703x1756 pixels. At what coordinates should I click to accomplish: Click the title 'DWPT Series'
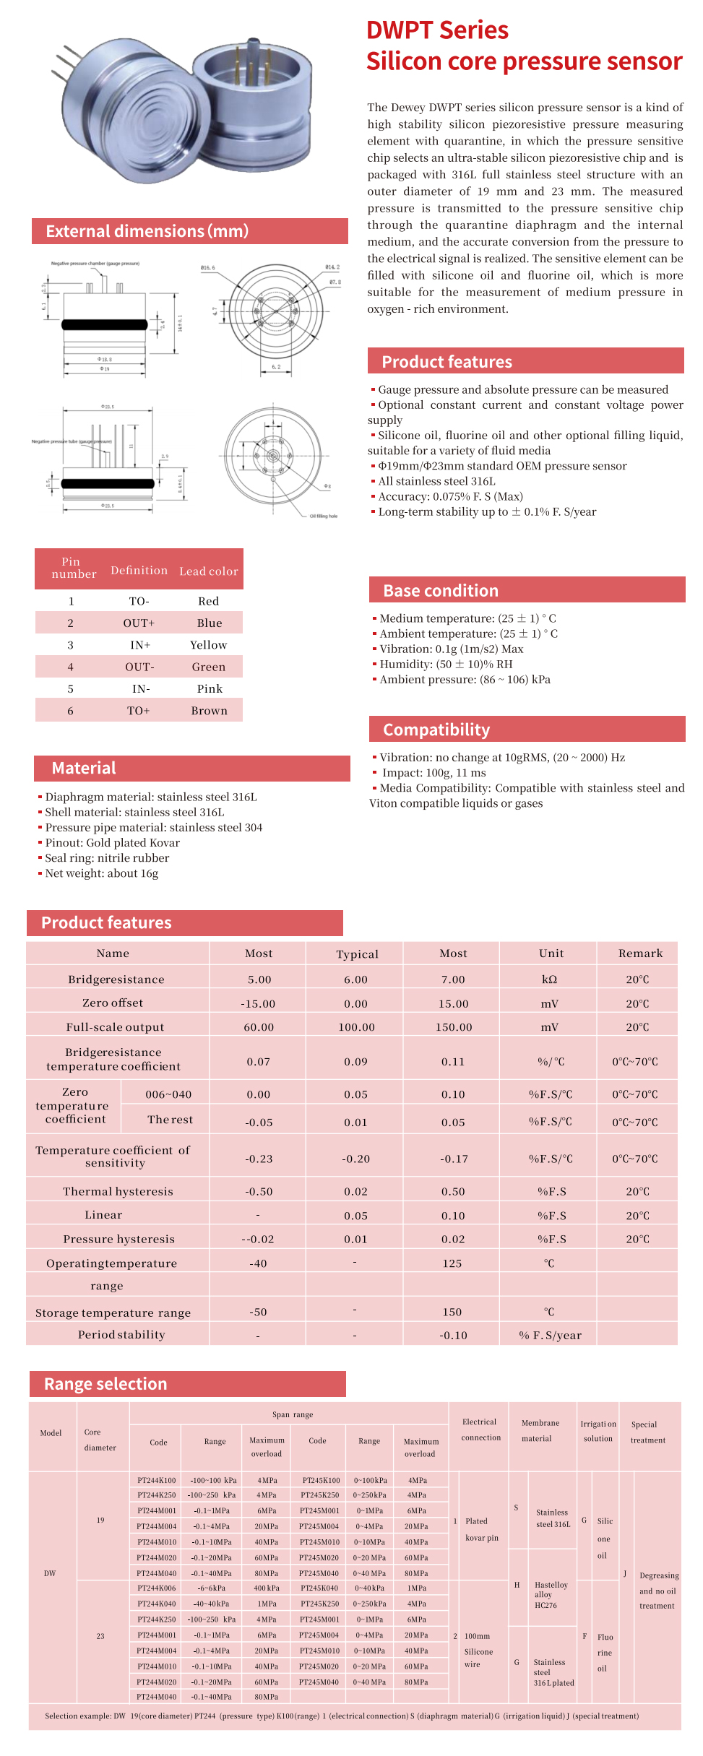point(437,30)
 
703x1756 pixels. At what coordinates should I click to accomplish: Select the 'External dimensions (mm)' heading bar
point(147,231)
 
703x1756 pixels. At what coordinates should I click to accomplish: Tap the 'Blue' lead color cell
point(210,623)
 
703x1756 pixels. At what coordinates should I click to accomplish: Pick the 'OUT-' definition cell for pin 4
point(139,667)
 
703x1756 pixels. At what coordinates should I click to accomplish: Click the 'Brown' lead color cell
point(210,712)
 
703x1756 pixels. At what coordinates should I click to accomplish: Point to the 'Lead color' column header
point(209,571)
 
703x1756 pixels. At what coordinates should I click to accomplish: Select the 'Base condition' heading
point(441,591)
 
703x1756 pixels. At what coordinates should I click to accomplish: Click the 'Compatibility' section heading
point(436,730)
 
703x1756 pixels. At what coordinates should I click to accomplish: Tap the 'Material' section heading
point(84,768)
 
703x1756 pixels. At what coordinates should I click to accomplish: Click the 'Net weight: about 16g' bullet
point(101,873)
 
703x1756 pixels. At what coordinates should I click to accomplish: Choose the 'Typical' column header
point(357,954)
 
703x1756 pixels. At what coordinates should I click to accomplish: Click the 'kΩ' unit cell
point(549,979)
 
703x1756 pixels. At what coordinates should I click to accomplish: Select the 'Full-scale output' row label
point(115,1027)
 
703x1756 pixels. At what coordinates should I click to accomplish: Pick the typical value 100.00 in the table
point(357,1027)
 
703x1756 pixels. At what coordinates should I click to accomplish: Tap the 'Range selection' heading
point(105,1384)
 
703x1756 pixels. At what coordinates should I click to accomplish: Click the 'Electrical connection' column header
point(480,1430)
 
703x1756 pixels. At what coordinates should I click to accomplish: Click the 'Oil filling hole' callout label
point(324,516)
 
